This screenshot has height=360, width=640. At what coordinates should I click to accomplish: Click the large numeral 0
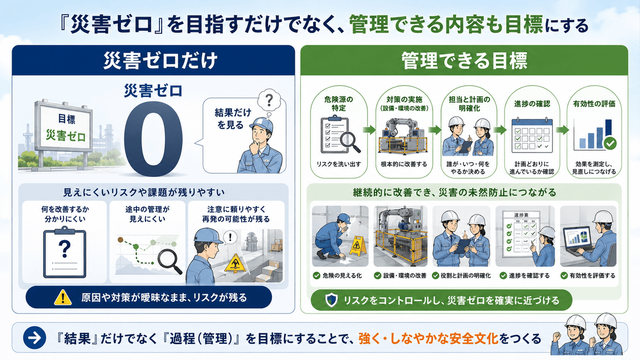point(154,139)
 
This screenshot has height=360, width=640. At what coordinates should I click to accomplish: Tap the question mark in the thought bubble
point(269,100)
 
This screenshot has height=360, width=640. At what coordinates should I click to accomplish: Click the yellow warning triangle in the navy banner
point(63,297)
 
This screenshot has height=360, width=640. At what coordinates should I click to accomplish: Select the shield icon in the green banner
point(331,300)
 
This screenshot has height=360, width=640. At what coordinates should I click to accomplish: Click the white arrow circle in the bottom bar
point(35,338)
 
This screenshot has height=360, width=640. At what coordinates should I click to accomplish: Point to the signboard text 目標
point(67,119)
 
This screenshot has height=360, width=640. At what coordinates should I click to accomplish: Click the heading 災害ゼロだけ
point(161,61)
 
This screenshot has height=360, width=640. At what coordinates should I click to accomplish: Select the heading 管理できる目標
point(464,61)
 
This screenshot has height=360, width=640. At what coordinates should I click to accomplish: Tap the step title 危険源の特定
point(339,103)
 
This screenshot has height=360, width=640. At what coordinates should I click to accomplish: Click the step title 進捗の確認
point(532,103)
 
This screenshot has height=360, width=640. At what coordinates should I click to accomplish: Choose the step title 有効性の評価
point(594,103)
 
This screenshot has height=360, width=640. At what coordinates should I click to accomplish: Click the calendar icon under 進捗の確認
point(532,135)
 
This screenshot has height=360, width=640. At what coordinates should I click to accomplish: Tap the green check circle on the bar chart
point(610,143)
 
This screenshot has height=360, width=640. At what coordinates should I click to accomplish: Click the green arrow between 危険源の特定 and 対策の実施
point(370,130)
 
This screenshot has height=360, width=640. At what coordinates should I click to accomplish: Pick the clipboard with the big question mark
point(65,252)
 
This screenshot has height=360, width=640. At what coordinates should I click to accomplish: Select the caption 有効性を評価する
point(593,276)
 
